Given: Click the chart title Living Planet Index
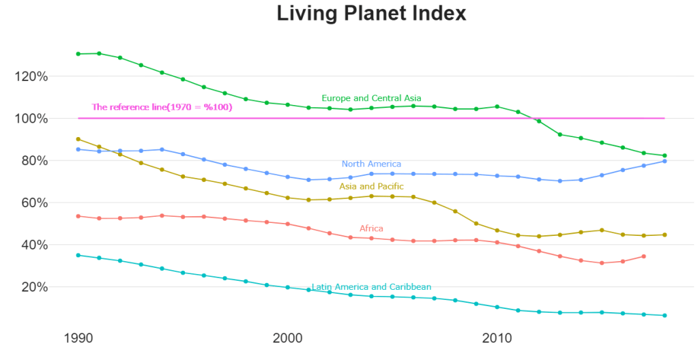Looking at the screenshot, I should coord(371,13).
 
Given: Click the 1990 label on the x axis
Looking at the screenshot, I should coord(78,338).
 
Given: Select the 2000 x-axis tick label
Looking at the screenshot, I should coord(287,338).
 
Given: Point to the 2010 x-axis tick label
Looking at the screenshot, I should coord(497,338).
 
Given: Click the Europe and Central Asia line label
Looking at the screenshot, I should coord(371,98).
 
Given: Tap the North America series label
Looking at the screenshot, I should coord(371,164).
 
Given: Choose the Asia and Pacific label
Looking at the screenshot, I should coord(371,186).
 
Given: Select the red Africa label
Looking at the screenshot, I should coord(371,228).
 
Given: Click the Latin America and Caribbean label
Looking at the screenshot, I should coord(371,287).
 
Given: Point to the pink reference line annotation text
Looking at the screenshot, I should coord(162,107).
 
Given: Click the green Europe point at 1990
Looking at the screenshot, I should coord(78,54).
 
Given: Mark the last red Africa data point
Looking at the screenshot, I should coord(643,256).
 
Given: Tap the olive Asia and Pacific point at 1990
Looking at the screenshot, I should coord(78,139).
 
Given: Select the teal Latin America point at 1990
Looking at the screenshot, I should coord(78,255).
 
